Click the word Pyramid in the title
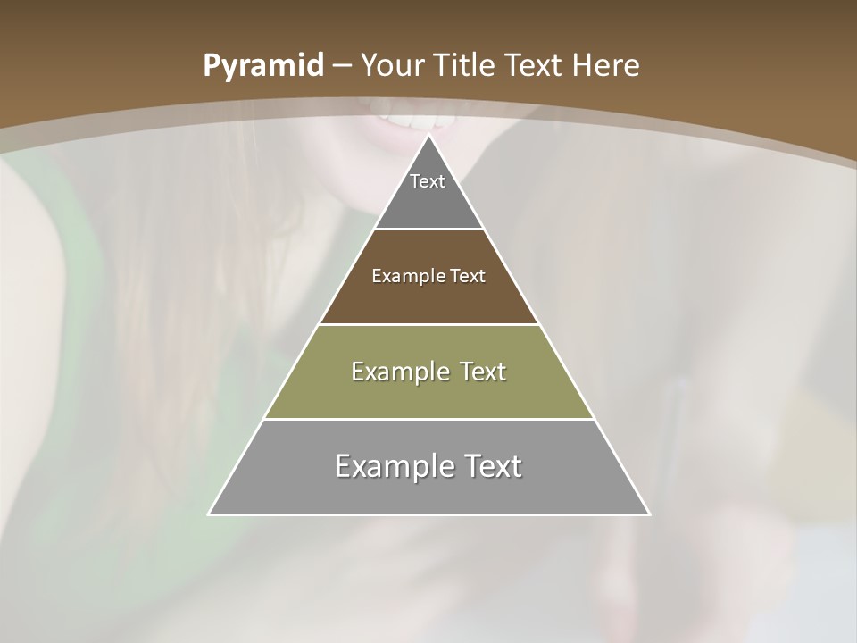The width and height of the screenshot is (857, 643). (x=262, y=66)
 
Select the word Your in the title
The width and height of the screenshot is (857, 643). (x=394, y=66)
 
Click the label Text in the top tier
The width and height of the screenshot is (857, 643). (x=428, y=181)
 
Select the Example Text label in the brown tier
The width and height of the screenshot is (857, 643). (x=428, y=276)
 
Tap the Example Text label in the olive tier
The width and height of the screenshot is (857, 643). (x=428, y=372)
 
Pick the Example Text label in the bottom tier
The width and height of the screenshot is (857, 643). (x=428, y=466)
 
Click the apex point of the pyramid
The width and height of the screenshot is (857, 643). (x=429, y=137)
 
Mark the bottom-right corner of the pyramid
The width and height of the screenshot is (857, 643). (x=648, y=514)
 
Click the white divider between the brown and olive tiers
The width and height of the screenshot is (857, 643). (x=428, y=324)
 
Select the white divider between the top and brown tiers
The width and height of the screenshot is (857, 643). (x=428, y=229)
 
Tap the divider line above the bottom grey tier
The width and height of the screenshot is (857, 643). (x=428, y=419)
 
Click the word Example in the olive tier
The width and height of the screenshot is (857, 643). (x=396, y=372)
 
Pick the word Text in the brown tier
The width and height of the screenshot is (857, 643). (x=468, y=276)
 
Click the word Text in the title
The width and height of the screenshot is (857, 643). (x=536, y=66)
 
